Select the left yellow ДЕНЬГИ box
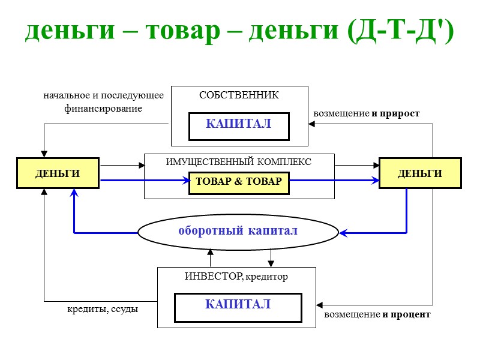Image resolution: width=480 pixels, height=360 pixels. tap(58, 173)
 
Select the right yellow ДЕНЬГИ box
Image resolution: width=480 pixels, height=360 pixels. tap(420, 173)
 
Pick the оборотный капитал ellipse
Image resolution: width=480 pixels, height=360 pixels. tap(238, 232)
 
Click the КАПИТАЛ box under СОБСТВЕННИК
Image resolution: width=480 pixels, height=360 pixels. tap(239, 125)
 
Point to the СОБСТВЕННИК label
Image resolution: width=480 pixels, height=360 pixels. tap(239, 95)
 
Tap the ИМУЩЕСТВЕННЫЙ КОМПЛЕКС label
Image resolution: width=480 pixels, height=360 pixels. tap(239, 162)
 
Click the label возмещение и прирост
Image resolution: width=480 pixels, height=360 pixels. tap(366, 113)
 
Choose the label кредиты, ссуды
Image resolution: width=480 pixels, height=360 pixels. tap(103, 310)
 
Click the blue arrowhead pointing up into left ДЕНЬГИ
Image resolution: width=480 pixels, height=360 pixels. tap(74, 193)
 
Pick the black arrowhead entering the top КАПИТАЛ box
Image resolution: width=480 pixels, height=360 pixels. tap(311, 124)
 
